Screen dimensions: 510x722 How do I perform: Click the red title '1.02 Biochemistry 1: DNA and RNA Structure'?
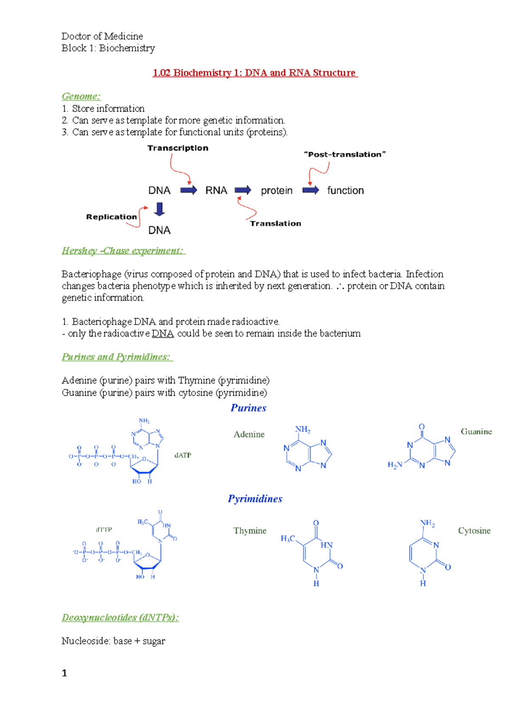pos(255,73)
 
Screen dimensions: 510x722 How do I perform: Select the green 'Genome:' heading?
pos(81,97)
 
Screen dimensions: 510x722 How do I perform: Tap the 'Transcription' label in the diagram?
pos(178,148)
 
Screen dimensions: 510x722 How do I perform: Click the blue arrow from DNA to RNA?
pos(188,190)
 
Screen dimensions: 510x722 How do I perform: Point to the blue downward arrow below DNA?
pos(159,209)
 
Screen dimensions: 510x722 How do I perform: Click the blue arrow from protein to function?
pos(311,190)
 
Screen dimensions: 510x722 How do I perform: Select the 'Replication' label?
pos(111,217)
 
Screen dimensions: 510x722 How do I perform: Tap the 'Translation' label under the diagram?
pos(275,224)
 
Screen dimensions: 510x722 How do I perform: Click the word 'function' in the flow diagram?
pos(345,190)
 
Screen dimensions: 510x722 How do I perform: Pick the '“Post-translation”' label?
pos(345,154)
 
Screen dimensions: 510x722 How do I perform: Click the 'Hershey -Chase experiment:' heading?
pos(123,251)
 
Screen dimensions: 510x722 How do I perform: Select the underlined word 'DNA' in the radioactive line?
pos(163,334)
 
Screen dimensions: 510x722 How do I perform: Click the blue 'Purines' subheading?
pos(248,408)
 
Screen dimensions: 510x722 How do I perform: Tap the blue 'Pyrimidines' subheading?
pos(255,499)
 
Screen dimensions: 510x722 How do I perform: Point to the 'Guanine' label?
pos(476,432)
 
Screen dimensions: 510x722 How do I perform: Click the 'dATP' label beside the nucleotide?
pos(183,455)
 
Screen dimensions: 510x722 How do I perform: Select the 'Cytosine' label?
pos(474,531)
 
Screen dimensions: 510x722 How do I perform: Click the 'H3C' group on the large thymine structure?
pos(288,539)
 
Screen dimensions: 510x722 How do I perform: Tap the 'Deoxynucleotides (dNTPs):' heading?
pos(120,618)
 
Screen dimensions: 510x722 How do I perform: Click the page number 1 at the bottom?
pos(64,673)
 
